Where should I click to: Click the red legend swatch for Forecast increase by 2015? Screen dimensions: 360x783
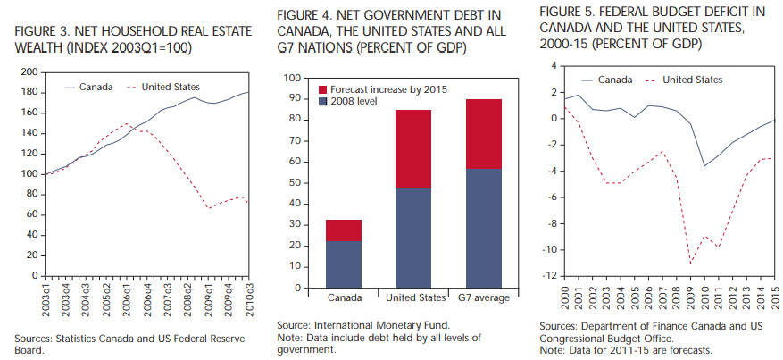(324, 91)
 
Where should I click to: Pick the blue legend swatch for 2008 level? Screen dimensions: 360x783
(324, 103)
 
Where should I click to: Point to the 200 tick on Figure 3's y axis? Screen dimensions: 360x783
(29, 71)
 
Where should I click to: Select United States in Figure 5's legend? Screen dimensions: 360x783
(693, 80)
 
